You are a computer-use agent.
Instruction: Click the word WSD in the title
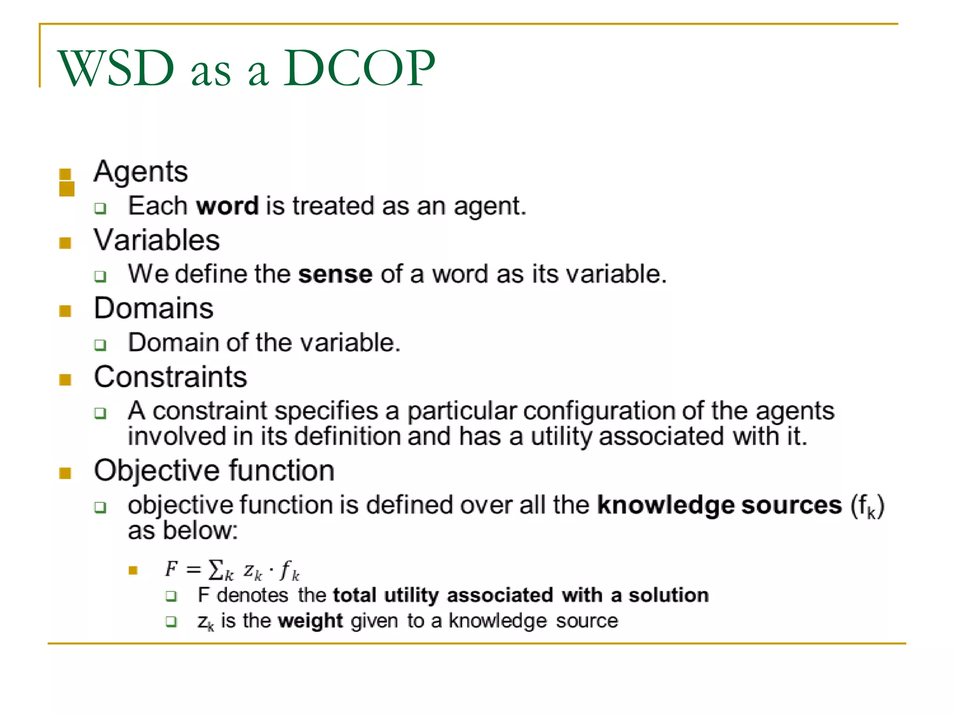click(116, 68)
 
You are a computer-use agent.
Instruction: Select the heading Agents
click(141, 172)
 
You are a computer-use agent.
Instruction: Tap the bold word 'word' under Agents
click(227, 206)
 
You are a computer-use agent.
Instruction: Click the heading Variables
click(157, 240)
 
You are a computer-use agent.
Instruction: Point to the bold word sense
click(335, 274)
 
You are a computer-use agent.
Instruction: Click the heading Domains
click(154, 308)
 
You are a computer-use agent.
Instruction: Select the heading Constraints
click(170, 377)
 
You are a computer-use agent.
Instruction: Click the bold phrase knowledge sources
click(719, 506)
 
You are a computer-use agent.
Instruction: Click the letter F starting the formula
click(171, 569)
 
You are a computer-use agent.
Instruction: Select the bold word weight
click(310, 621)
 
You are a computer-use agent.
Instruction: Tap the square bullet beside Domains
click(65, 311)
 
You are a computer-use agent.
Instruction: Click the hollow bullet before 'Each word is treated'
click(100, 208)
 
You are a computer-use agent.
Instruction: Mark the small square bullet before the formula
click(133, 570)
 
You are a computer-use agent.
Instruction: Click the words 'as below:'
click(183, 531)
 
